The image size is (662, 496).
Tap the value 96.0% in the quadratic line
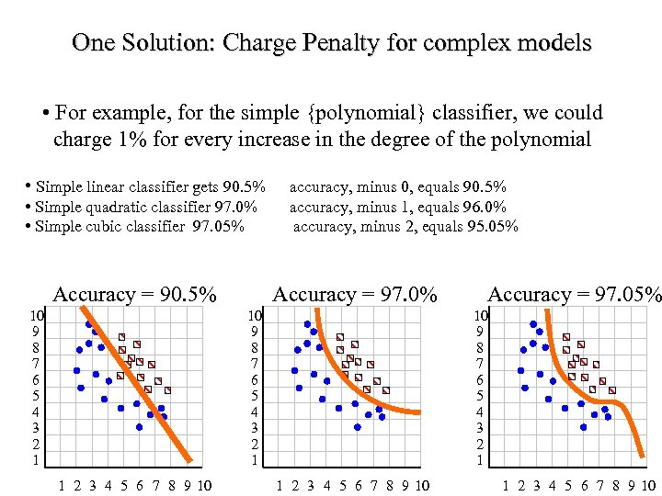coord(485,207)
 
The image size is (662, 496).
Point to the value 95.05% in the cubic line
coord(492,226)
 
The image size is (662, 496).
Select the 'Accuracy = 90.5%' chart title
coord(135,294)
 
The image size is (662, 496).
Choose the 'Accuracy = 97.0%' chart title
coord(354,294)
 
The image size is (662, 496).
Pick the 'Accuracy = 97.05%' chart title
coord(574,294)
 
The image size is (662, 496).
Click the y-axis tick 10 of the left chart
coord(36,315)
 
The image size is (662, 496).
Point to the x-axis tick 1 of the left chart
coord(62,485)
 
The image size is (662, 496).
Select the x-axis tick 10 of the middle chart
coord(421,485)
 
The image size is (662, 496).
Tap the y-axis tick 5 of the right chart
coord(479,396)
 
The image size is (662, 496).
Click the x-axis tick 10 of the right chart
coord(648,485)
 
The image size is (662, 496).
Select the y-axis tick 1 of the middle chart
coord(255,460)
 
